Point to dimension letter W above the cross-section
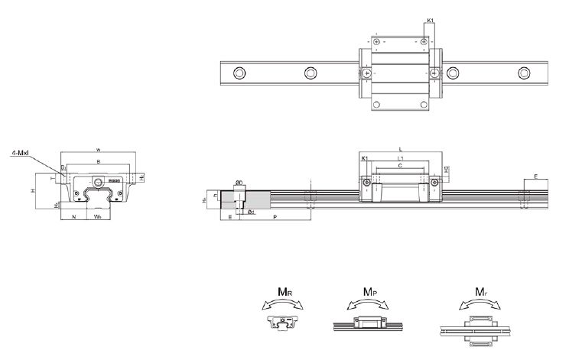[x=98, y=148]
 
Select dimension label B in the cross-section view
[x=98, y=163]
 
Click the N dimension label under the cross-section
[x=73, y=217]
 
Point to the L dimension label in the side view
[x=400, y=148]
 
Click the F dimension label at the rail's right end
[x=535, y=177]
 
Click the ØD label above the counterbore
[x=239, y=183]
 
